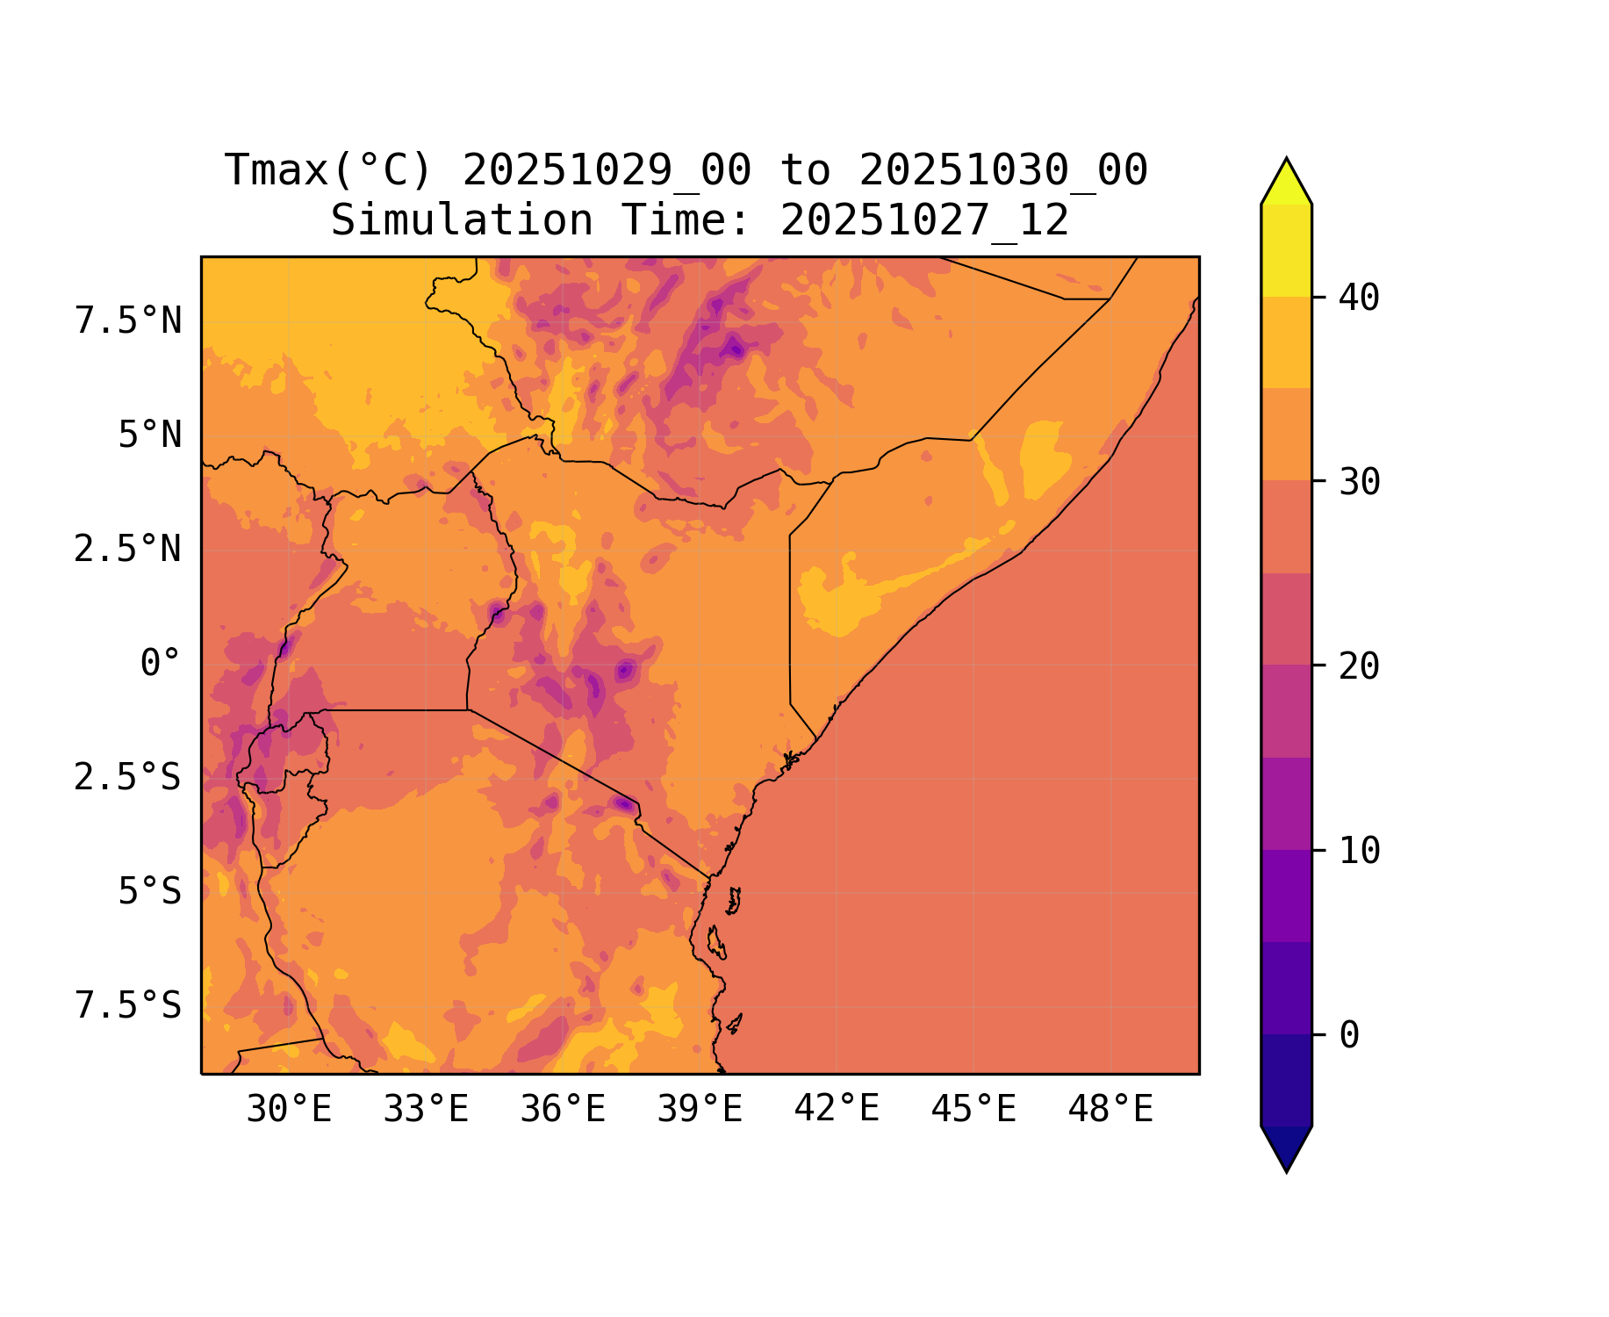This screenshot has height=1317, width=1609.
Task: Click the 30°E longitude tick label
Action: (289, 1110)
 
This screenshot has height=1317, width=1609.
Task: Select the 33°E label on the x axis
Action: (426, 1110)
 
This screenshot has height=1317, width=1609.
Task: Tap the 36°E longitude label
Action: (563, 1110)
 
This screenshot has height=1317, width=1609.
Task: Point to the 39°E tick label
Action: (700, 1110)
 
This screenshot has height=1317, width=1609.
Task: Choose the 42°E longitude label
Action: (837, 1110)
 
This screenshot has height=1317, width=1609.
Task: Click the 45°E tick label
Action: (973, 1110)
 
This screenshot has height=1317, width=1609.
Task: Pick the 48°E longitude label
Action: (1110, 1110)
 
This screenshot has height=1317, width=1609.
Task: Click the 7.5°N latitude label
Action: (128, 321)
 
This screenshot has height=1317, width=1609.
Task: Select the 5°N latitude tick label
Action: (150, 435)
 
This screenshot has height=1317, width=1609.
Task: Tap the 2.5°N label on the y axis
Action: (128, 550)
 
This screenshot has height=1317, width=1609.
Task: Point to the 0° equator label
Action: (161, 664)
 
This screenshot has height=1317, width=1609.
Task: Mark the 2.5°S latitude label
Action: (128, 778)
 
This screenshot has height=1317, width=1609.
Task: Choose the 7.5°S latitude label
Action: (128, 1006)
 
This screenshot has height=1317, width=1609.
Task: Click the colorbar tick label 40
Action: (1360, 298)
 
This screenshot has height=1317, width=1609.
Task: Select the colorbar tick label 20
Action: (1360, 666)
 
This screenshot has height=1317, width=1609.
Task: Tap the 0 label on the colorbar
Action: (1349, 1036)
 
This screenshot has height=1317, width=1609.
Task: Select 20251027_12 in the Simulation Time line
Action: (924, 220)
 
